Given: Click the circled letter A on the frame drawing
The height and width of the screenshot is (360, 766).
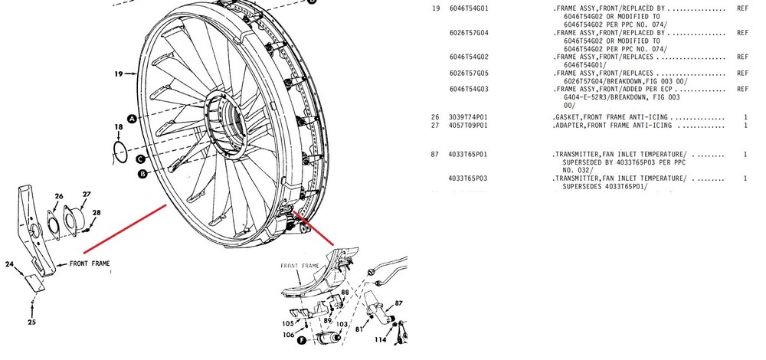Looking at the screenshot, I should (x=132, y=119).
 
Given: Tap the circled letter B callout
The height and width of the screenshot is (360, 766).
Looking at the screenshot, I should (x=142, y=174).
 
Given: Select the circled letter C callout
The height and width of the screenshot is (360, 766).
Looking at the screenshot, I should (x=140, y=159).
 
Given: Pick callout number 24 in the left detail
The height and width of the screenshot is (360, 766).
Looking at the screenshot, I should (x=10, y=265).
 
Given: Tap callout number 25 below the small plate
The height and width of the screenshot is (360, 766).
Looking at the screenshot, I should (x=31, y=322).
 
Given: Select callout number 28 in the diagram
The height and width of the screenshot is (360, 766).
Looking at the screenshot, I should (x=97, y=212).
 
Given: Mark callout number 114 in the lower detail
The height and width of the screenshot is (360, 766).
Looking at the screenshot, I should (x=380, y=339).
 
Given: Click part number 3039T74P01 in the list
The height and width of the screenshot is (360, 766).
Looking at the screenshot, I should (x=468, y=116).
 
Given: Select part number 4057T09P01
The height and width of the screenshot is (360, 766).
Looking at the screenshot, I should (x=468, y=125).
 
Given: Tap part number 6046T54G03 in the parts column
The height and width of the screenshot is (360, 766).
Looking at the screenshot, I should (x=468, y=89).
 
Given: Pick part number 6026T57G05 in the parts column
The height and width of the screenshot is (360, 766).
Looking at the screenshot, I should (x=468, y=73).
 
